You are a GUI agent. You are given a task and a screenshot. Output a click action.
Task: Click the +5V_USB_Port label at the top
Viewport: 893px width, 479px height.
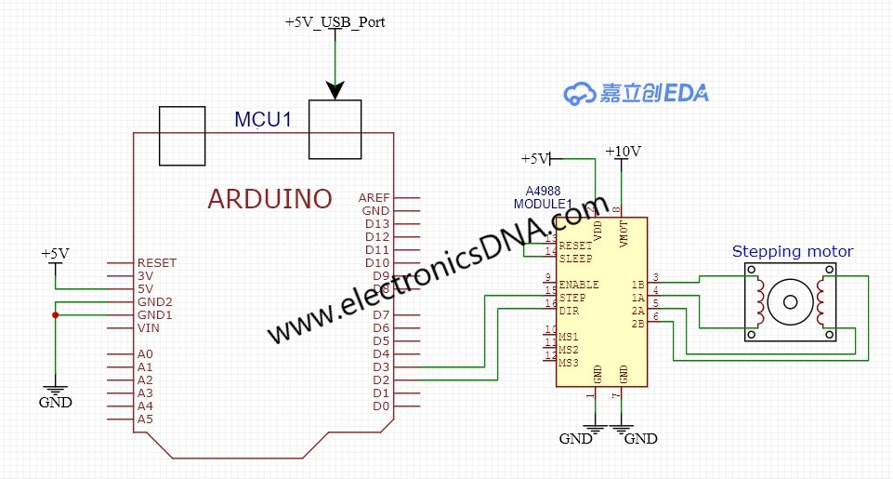tap(335, 22)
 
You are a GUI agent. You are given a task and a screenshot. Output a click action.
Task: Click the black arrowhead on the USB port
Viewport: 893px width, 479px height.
tap(335, 90)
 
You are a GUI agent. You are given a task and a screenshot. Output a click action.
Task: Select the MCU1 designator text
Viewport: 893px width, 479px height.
tap(263, 120)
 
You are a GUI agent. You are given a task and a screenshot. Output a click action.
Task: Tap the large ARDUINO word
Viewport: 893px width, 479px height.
tap(269, 199)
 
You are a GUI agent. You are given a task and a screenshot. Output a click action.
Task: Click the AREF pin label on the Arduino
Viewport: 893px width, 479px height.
tap(374, 198)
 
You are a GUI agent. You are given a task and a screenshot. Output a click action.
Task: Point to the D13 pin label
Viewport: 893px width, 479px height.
tap(376, 224)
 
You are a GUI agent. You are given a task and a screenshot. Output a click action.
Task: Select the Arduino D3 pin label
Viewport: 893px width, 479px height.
tap(381, 367)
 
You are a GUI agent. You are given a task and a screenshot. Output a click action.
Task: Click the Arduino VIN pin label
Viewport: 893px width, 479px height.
tap(149, 328)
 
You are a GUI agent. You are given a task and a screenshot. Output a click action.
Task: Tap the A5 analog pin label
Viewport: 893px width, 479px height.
tap(145, 419)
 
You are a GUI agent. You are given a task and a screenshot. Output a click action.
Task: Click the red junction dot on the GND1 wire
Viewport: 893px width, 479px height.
tap(56, 315)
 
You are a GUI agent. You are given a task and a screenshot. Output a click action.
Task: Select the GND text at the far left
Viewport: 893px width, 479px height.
tap(55, 404)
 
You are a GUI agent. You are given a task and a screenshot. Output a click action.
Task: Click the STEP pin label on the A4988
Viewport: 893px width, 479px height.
tap(573, 298)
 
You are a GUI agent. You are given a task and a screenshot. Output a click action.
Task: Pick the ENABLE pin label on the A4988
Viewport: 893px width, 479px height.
tap(579, 285)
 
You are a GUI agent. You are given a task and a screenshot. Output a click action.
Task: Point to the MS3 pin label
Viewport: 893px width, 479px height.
tap(569, 363)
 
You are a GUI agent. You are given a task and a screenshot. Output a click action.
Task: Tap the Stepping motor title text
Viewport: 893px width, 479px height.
tap(792, 251)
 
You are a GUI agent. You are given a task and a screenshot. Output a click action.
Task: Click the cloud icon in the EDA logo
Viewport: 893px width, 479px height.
tap(580, 93)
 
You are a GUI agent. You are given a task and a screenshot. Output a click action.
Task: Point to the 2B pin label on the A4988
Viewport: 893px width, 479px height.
tap(637, 324)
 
